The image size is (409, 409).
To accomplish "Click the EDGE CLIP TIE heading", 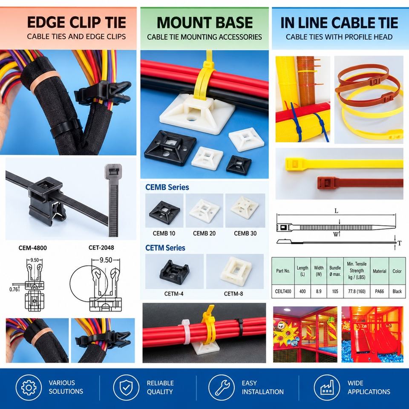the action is point(76,23).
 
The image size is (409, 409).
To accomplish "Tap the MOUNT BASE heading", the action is point(205,23).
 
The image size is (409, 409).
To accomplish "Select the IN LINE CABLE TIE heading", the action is point(339,23).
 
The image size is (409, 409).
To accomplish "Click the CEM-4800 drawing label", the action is point(33,248).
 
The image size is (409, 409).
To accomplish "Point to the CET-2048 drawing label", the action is point(101,248).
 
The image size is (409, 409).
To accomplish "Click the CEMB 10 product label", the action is point(164,233).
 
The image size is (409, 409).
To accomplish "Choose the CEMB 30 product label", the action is point(245,233).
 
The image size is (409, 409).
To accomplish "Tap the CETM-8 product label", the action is point(233,294).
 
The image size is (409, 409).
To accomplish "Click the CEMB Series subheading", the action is point(167,187).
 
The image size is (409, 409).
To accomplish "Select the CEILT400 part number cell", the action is point(283,291).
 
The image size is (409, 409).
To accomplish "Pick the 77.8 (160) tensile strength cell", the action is point(357,291).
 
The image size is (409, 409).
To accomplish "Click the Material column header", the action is point(380,271).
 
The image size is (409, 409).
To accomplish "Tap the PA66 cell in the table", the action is point(379,291).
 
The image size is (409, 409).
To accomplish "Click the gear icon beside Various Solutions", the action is point(29,387).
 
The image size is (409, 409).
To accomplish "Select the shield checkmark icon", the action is point(126,387).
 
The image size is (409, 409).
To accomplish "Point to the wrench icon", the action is point(222,387).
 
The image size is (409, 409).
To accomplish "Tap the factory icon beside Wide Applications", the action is point(327,387).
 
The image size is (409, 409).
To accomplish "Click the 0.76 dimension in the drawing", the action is point(14,289).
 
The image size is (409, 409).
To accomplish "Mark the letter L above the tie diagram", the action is point(336,211).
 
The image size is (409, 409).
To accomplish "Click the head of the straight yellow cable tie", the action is point(293,164).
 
